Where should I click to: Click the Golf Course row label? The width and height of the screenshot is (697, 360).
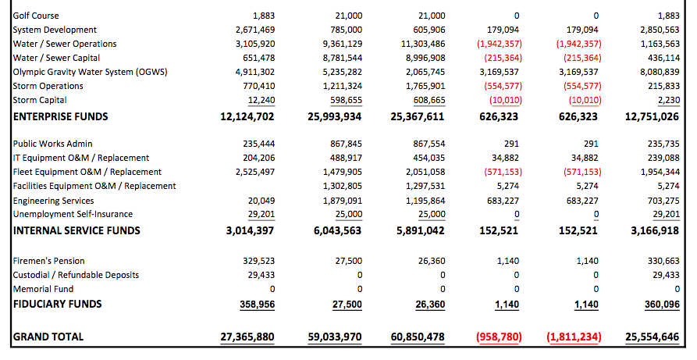click(x=36, y=16)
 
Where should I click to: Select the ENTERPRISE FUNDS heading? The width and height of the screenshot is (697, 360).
click(x=61, y=116)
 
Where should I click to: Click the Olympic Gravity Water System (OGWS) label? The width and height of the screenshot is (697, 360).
click(x=91, y=72)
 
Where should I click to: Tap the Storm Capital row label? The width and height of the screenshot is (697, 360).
click(x=40, y=100)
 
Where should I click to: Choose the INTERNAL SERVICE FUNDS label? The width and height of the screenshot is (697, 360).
click(x=77, y=230)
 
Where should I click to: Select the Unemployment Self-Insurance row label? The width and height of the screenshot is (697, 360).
click(x=73, y=214)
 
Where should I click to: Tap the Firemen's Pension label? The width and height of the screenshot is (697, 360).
click(x=49, y=261)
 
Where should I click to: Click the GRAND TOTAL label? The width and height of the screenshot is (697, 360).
click(x=48, y=337)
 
